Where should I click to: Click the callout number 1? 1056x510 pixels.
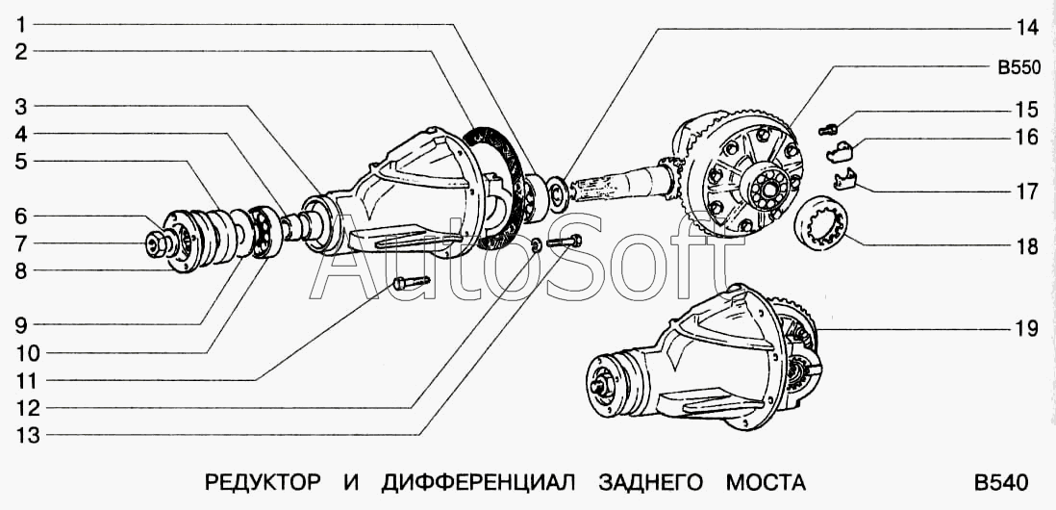click(x=21, y=26)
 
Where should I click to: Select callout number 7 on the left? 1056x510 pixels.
click(x=21, y=243)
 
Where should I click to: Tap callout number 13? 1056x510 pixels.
click(x=28, y=435)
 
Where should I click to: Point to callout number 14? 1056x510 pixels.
click(x=1027, y=28)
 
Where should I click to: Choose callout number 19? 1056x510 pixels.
click(x=1027, y=329)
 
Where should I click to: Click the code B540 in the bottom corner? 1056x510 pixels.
click(x=1000, y=483)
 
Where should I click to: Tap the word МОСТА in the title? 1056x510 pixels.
click(x=765, y=483)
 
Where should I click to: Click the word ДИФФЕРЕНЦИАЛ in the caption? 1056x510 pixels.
click(x=478, y=484)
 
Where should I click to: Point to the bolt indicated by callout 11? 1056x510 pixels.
click(x=411, y=282)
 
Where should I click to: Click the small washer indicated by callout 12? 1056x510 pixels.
click(x=536, y=245)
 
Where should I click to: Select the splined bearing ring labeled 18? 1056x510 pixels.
click(x=823, y=221)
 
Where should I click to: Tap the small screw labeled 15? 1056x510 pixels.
click(x=828, y=129)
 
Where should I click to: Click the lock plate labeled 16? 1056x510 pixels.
click(x=840, y=152)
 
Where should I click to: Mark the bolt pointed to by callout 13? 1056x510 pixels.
click(x=566, y=241)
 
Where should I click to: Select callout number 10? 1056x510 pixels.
click(x=28, y=353)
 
